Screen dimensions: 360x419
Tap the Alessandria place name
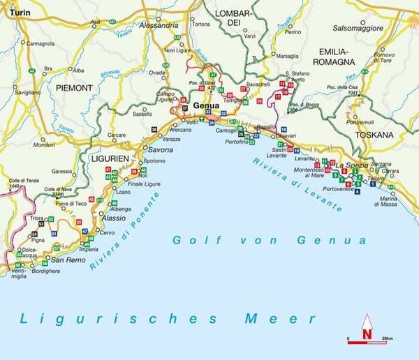tap(160, 24)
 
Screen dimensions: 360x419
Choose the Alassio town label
tap(112, 218)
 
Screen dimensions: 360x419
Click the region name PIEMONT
tap(70, 88)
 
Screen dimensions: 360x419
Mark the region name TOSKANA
tap(374, 135)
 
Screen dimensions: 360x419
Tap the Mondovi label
tap(43, 144)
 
